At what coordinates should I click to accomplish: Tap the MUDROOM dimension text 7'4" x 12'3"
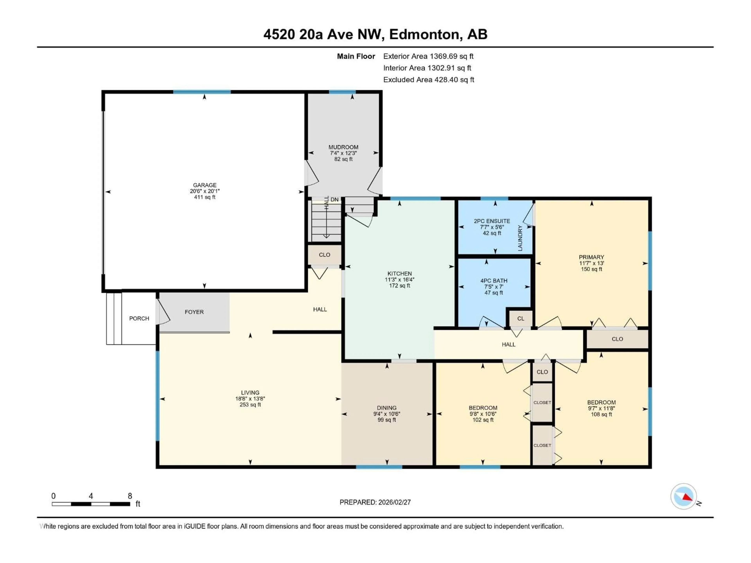(343, 153)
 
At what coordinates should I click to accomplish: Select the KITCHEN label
(399, 273)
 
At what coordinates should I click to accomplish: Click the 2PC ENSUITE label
(492, 221)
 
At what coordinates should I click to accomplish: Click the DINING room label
(386, 408)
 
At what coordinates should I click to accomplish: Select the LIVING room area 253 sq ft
(250, 405)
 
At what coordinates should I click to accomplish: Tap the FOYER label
(194, 312)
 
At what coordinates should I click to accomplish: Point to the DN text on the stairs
(334, 200)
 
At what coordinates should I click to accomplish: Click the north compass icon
(684, 497)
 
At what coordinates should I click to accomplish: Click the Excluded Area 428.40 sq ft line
(429, 80)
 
